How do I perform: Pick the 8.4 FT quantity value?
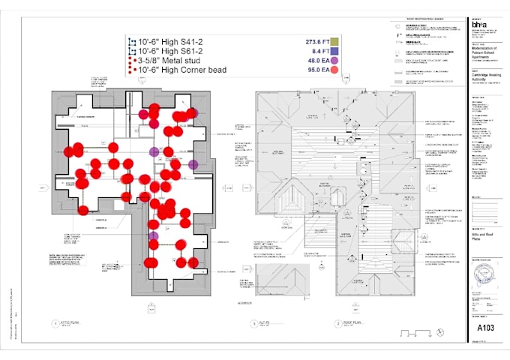click(x=320, y=51)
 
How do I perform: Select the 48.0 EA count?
click(x=319, y=60)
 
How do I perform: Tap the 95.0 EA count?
click(x=319, y=70)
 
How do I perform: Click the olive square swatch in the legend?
click(x=335, y=41)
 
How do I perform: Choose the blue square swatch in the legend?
click(x=335, y=51)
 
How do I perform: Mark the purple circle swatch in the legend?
click(x=335, y=60)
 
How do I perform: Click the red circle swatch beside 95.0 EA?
click(x=335, y=70)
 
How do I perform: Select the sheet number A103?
click(x=484, y=327)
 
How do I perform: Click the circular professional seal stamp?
click(x=485, y=274)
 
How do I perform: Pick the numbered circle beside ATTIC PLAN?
click(x=55, y=325)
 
